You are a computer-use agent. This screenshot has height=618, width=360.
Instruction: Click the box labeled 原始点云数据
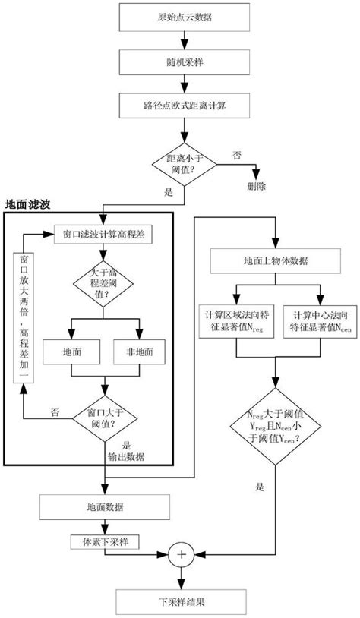click(180, 16)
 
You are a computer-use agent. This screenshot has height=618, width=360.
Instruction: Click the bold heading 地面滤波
click(30, 204)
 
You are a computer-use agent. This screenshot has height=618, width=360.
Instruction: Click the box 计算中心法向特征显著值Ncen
click(312, 321)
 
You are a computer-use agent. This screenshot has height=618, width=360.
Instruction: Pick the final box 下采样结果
click(180, 601)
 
